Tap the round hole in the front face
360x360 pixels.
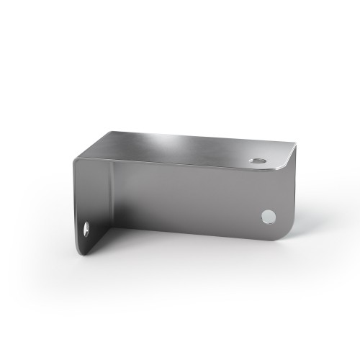point(269,215)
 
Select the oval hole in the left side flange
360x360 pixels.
point(86,229)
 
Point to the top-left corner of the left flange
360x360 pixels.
point(74,160)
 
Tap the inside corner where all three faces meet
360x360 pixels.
point(112,163)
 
